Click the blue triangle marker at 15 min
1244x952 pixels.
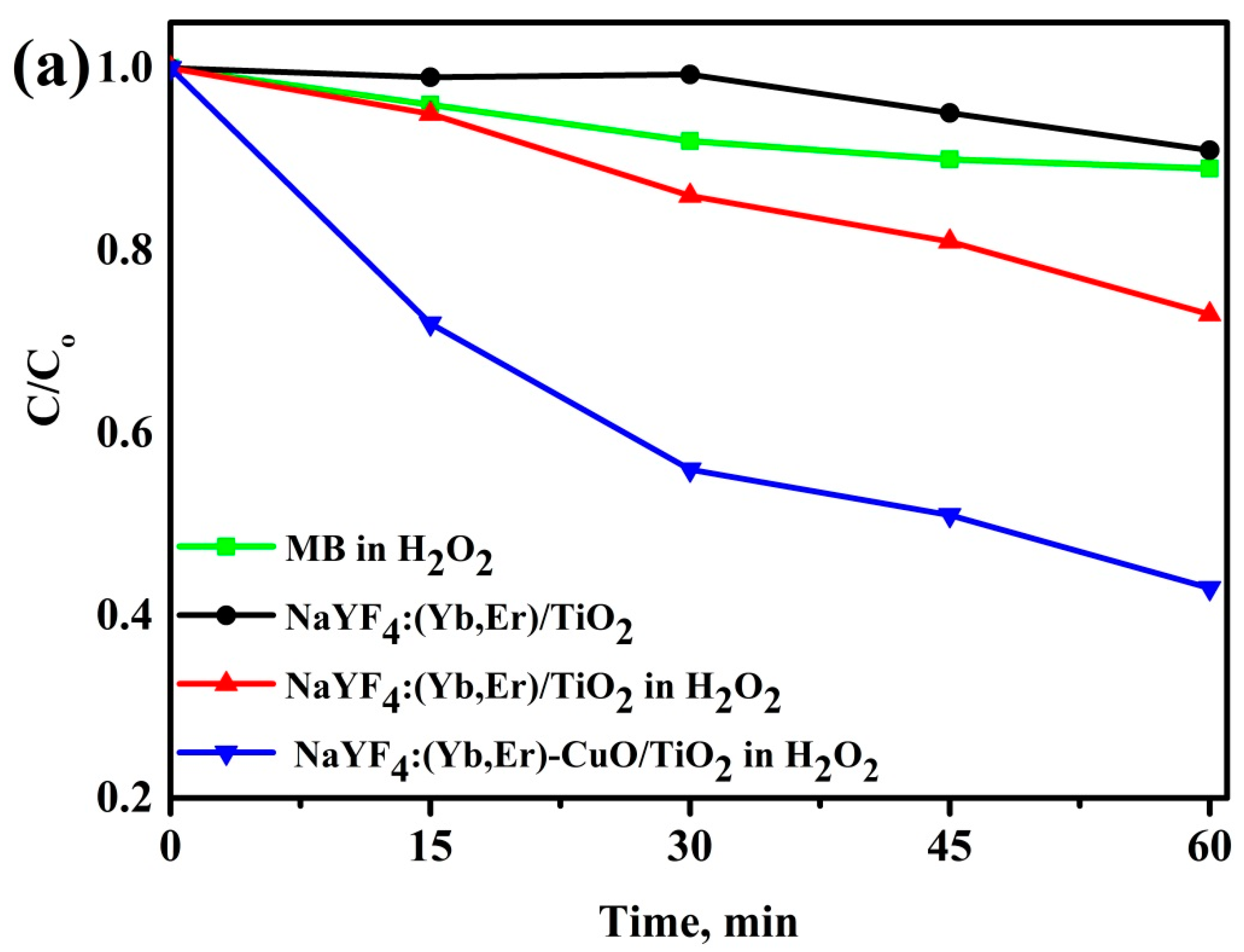click(430, 325)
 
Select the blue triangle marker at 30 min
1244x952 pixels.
click(689, 471)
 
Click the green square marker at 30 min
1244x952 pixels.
click(689, 140)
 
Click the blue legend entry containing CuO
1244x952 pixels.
click(586, 758)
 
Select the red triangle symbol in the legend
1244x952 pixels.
click(227, 683)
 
